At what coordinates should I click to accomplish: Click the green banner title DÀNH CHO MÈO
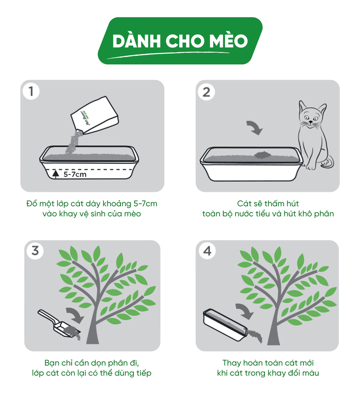[x=180, y=41]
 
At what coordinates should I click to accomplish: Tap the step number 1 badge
[x=31, y=91]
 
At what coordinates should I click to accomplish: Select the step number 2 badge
[x=206, y=92]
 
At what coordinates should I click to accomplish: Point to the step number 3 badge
[x=35, y=250]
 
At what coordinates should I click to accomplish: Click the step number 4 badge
[x=207, y=251]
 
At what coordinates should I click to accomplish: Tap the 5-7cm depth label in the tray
[x=75, y=175]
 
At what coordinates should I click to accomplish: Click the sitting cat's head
[x=312, y=115]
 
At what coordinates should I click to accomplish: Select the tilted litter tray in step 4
[x=225, y=324]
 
